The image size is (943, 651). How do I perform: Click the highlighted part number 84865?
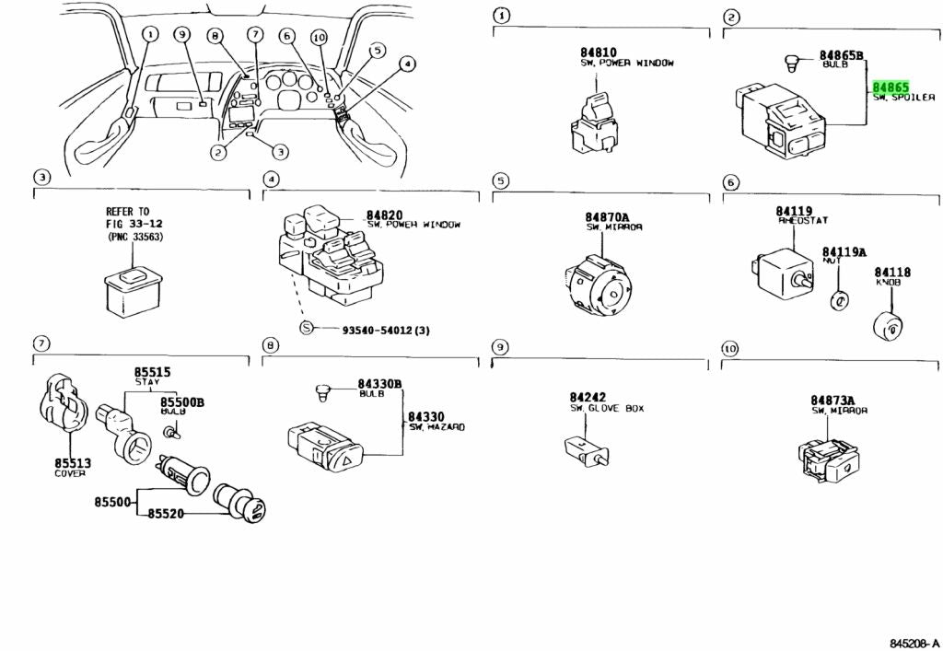click(891, 86)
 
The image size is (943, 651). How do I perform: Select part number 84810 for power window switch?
click(598, 52)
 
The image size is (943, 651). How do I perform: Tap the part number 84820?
click(384, 214)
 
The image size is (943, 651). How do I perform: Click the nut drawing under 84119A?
click(839, 300)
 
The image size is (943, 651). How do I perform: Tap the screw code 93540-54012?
click(385, 329)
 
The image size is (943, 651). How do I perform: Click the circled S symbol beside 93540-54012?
click(307, 329)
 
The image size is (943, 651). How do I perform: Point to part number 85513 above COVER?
click(69, 463)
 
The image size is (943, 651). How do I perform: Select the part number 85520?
click(164, 514)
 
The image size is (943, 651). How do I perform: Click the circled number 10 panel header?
click(729, 348)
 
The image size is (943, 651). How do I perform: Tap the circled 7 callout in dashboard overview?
click(255, 35)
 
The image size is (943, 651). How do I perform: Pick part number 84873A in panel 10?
click(832, 400)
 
